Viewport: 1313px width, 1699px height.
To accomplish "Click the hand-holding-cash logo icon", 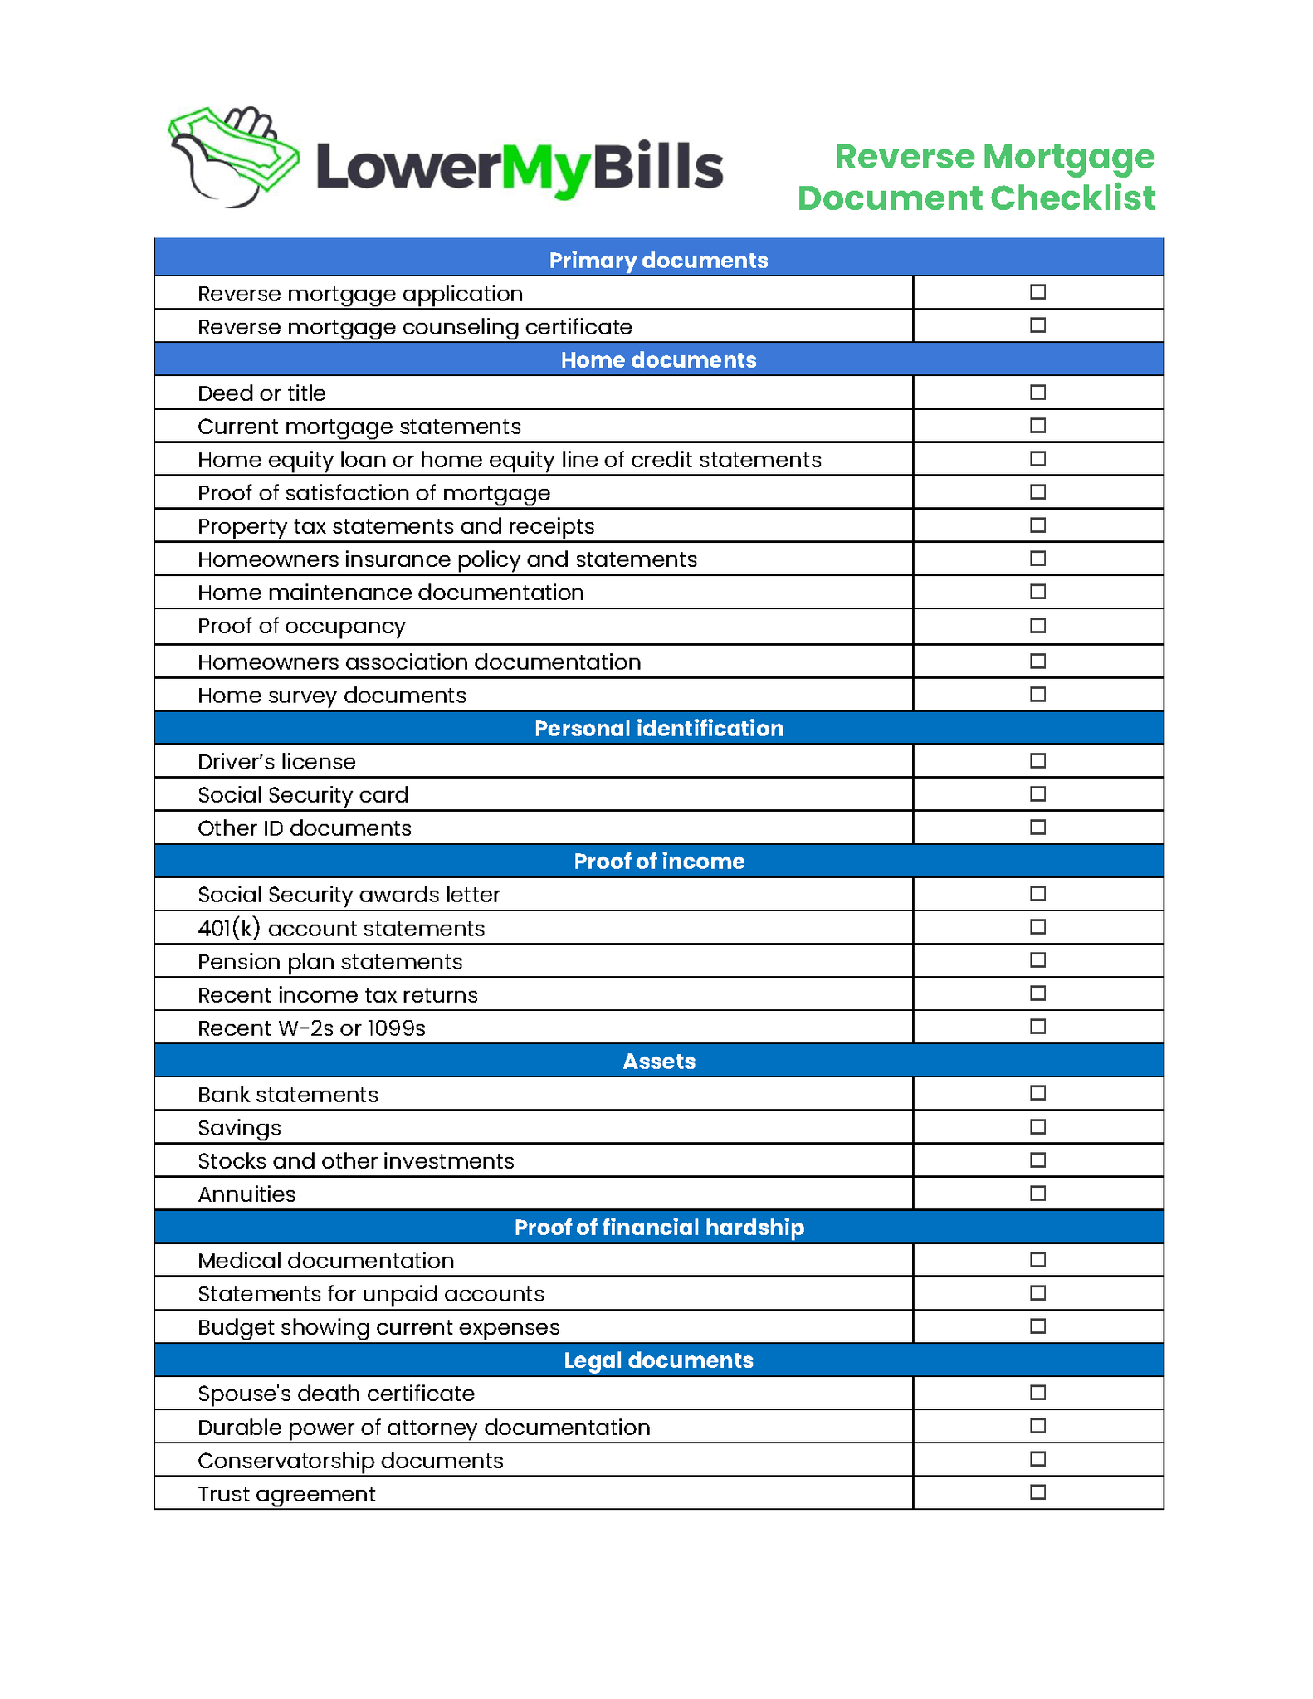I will click(233, 157).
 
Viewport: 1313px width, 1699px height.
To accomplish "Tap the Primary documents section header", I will click(658, 260).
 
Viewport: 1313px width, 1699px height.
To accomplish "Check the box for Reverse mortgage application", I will click(1037, 292).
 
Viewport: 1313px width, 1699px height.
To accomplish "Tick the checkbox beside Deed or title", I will click(1037, 392).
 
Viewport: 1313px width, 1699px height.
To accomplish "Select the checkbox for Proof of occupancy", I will click(1037, 626).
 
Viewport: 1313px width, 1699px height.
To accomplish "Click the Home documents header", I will click(658, 359).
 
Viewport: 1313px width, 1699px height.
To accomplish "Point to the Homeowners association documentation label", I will click(419, 662).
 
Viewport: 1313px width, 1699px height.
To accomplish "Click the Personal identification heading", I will click(658, 728).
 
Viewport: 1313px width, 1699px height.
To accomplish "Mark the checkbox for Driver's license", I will click(1037, 760).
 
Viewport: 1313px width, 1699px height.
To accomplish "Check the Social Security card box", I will click(1037, 794).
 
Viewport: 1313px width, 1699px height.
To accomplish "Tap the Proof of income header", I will click(658, 861).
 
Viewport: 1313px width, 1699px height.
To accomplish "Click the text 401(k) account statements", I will click(341, 928).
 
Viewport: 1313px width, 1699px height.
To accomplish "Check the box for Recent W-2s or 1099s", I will click(1037, 1027).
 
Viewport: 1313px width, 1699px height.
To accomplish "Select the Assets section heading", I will click(658, 1061).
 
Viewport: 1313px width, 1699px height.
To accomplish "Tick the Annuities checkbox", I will click(1037, 1194).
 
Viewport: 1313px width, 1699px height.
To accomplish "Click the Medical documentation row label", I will click(325, 1260).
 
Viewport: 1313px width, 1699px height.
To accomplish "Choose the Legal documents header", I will click(658, 1360).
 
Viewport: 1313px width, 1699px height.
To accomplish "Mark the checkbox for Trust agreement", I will click(1037, 1492).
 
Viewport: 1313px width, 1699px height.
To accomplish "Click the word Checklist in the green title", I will click(1072, 198).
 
